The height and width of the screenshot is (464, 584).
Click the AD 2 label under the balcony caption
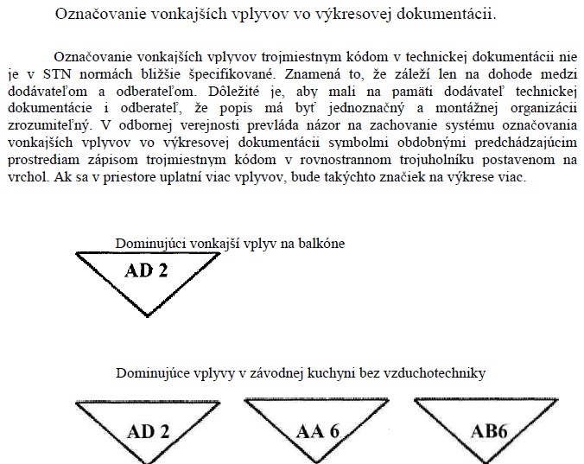[146, 270]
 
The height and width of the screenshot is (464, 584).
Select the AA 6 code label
[317, 430]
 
